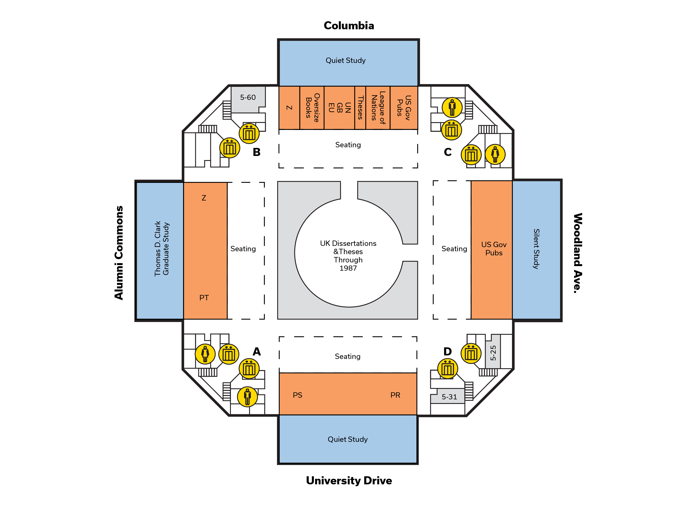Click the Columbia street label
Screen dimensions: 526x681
(349, 26)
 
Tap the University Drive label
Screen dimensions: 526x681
(349, 480)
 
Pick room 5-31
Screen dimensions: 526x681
(449, 397)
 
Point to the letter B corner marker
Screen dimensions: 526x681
(256, 152)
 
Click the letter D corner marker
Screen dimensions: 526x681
(447, 351)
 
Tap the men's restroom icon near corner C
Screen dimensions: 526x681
(452, 107)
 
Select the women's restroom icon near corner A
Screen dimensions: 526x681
(205, 354)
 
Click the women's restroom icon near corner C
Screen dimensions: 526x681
(495, 154)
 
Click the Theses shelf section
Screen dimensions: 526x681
(360, 108)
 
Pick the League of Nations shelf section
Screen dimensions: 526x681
(378, 108)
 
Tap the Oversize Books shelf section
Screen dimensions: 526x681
(312, 108)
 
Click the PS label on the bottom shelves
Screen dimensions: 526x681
(297, 395)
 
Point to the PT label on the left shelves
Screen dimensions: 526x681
(204, 298)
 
